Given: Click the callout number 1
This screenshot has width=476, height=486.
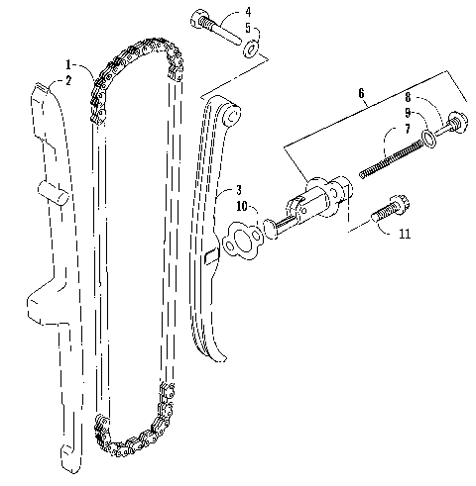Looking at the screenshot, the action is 68,64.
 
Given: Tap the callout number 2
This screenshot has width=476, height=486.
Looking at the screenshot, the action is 68,80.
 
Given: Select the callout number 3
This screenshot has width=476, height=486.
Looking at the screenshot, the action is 239,190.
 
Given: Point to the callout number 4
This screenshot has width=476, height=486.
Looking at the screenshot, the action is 248,12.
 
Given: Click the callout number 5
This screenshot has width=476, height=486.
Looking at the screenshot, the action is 248,28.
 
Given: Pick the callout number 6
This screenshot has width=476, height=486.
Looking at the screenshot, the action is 361,93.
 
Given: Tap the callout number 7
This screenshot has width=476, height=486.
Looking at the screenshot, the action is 408,129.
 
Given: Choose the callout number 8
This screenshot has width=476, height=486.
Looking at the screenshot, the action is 409,97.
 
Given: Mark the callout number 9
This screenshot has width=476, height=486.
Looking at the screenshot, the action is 408,113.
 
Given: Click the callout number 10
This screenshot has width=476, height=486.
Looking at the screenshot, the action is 242,207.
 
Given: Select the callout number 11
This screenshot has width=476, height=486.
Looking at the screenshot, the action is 405,234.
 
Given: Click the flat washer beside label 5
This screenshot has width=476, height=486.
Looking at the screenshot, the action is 252,49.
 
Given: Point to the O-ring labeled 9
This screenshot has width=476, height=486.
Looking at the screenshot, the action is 428,139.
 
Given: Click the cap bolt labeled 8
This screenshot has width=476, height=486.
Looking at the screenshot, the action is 452,125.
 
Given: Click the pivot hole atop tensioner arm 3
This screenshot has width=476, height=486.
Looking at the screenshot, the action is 232,116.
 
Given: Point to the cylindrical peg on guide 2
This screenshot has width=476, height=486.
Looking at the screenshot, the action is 54,193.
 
